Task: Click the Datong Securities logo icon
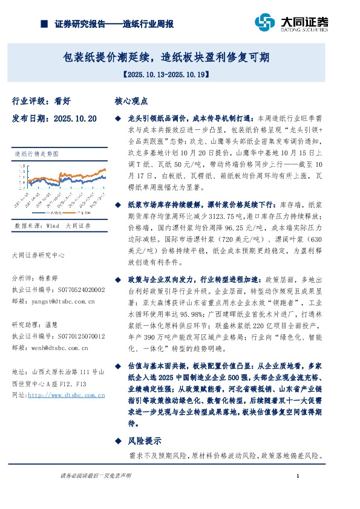(267, 22)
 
